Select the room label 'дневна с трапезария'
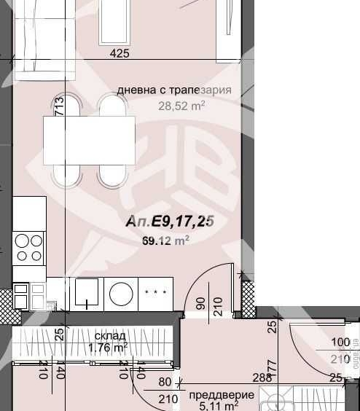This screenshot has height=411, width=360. coord(174,90)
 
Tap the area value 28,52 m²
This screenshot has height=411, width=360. coord(181,106)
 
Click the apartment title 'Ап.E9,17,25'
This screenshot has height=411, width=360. coord(171,221)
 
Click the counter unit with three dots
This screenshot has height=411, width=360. coord(154,294)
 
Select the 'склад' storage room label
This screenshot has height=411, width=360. coord(101,336)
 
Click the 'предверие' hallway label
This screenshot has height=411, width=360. coord(222,395)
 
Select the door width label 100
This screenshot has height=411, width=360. coord(340,342)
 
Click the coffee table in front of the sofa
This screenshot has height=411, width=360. coord(114,20)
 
